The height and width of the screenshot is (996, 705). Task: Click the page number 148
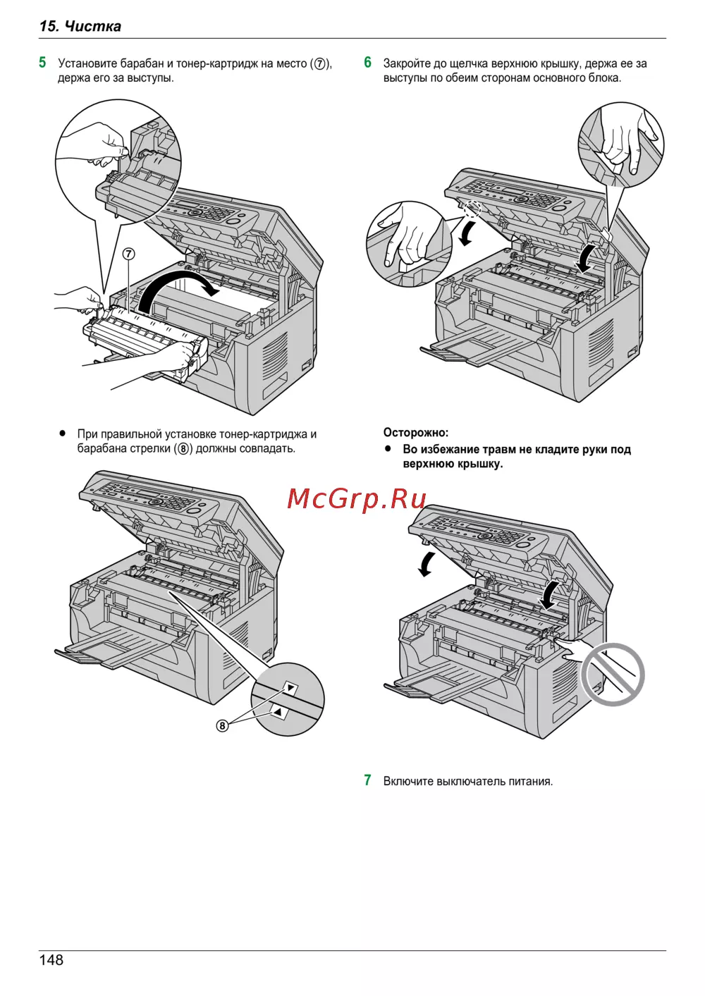[51, 960]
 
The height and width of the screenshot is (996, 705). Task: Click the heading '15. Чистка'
[80, 26]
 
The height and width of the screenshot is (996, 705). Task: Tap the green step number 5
[43, 63]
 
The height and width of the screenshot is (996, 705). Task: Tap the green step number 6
[367, 63]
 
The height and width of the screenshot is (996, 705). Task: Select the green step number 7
[367, 780]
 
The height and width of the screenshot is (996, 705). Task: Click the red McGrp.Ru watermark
[357, 498]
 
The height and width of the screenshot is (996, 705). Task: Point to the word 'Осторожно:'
[415, 433]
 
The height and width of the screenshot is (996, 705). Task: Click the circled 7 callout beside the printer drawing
[128, 254]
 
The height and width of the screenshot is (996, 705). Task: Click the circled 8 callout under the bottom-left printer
[222, 725]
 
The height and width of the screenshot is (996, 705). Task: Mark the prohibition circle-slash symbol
[612, 674]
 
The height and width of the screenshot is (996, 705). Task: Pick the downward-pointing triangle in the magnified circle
[290, 687]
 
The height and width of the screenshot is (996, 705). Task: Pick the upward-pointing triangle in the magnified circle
[278, 713]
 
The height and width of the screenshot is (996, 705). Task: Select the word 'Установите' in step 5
[87, 63]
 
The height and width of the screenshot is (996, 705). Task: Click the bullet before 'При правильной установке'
[63, 434]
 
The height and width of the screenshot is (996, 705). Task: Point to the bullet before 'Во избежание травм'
[388, 448]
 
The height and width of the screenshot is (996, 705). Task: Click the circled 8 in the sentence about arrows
[183, 449]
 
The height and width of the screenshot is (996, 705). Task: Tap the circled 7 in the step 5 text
[320, 64]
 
